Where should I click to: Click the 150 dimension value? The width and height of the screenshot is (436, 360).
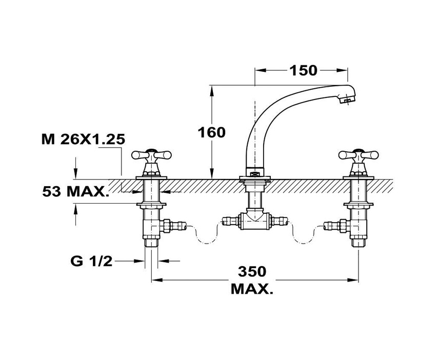coord(304,70)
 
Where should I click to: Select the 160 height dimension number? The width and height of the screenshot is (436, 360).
coord(212,132)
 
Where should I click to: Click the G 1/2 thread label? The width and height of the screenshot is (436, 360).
coord(91,261)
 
